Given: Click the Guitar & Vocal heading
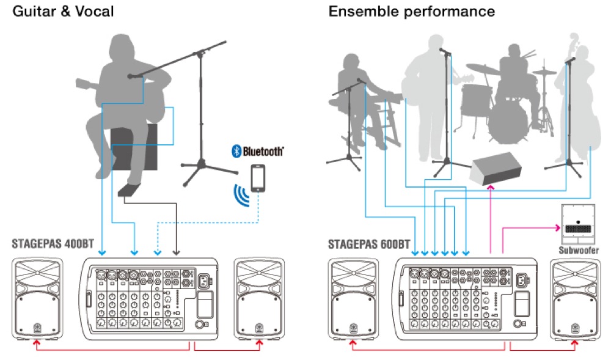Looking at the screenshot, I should pos(63,11).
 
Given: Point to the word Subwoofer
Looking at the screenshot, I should pos(577,251).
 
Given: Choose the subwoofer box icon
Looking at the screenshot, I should pos(577,224).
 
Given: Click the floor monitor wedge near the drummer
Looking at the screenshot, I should pos(497,167).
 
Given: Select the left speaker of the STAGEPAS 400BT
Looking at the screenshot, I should pos(36,298).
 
